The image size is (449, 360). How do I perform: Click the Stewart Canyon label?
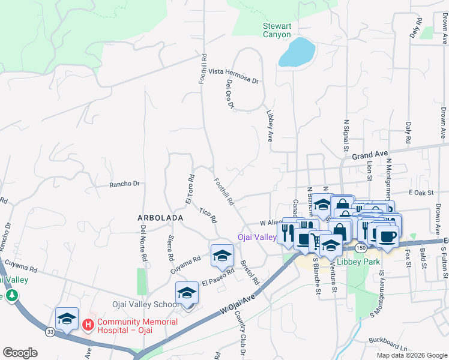coord(277,30)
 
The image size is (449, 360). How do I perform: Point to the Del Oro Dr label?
coord(229,95)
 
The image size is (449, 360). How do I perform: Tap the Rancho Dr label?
coord(124,184)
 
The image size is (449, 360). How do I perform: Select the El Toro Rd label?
coord(190,190)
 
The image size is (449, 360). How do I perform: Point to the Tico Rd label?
coord(208,214)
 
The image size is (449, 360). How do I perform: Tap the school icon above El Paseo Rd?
coord(221,256)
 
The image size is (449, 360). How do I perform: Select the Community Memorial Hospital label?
coord(137,326)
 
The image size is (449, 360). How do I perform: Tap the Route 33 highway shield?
coord(50,331)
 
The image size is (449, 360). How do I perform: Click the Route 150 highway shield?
coord(361,247)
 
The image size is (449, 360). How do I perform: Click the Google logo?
coord(20,353)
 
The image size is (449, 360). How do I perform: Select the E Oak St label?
coord(420,193)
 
